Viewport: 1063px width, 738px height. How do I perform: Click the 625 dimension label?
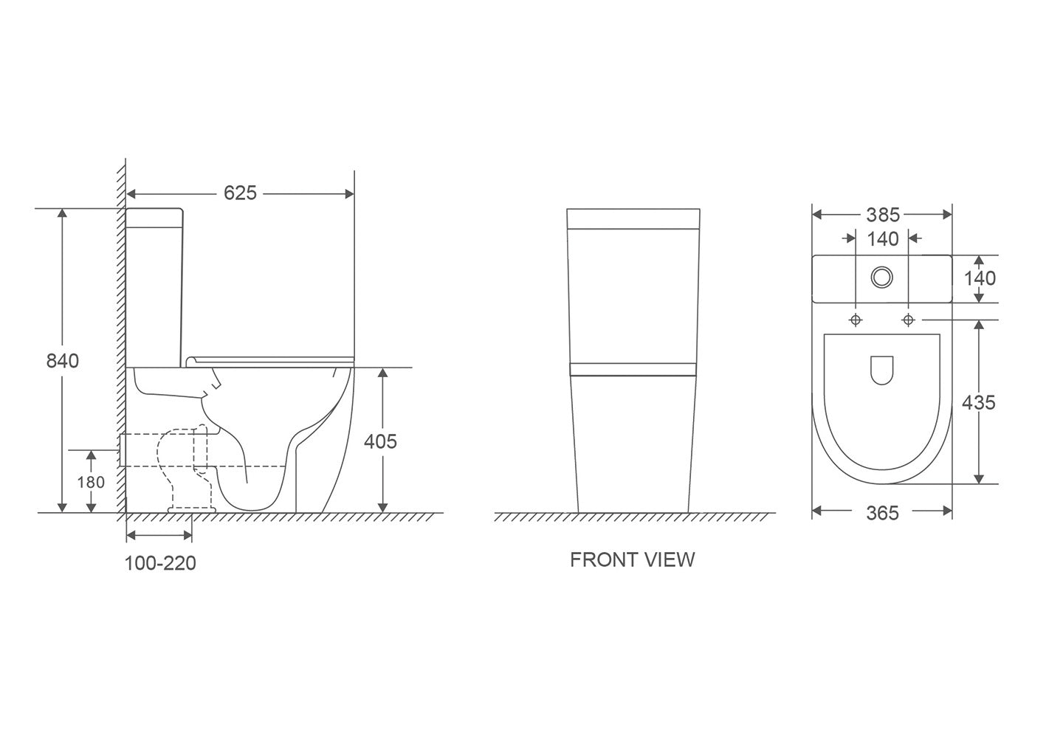[x=240, y=193]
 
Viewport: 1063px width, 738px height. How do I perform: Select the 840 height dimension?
[x=62, y=361]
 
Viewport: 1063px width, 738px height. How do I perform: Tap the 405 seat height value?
[x=381, y=441]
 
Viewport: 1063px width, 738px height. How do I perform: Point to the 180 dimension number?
[x=91, y=482]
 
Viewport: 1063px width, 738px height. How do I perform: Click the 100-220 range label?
[x=160, y=563]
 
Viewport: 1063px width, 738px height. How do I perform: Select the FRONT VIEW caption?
[x=632, y=559]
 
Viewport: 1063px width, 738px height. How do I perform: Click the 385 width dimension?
[x=882, y=215]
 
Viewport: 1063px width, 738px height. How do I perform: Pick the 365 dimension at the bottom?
[x=882, y=512]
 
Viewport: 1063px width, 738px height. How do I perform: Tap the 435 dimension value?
[x=979, y=402]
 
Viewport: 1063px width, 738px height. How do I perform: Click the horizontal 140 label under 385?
[x=882, y=238]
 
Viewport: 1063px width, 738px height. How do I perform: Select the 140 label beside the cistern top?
[x=979, y=278]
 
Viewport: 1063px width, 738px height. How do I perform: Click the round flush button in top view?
[x=881, y=277]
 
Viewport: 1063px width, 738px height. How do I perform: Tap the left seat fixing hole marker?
[x=856, y=320]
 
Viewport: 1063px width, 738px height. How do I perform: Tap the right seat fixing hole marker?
[x=908, y=320]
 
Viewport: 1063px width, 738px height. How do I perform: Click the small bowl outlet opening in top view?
[x=881, y=370]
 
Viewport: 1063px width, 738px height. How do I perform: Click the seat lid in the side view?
[x=269, y=359]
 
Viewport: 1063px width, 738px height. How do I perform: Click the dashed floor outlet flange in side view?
[x=192, y=508]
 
